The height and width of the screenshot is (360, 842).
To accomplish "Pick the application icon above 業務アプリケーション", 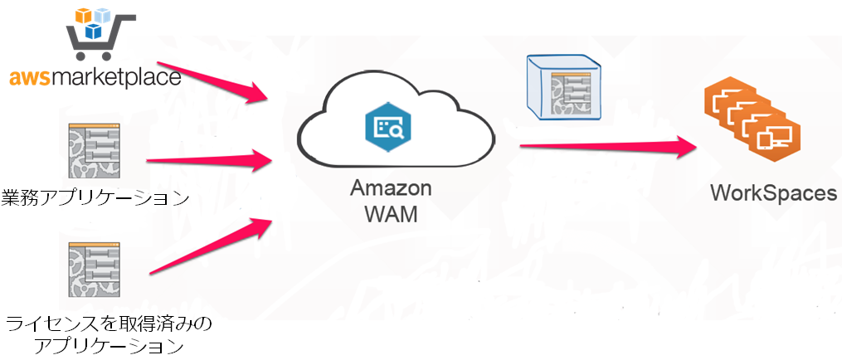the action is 94,151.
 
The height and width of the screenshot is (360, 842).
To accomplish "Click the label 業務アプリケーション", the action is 95,197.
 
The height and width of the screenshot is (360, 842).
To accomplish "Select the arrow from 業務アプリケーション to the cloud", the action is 209,159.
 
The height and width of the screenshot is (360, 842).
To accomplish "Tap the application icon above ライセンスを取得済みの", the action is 94,270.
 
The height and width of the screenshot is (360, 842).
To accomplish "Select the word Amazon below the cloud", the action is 391,189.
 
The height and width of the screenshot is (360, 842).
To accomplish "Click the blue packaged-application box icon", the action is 564,86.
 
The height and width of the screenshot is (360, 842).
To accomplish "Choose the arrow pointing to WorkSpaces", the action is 606,146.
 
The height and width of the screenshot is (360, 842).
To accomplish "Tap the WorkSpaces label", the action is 774,193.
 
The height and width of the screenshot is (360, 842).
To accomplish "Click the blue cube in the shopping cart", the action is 94,31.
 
